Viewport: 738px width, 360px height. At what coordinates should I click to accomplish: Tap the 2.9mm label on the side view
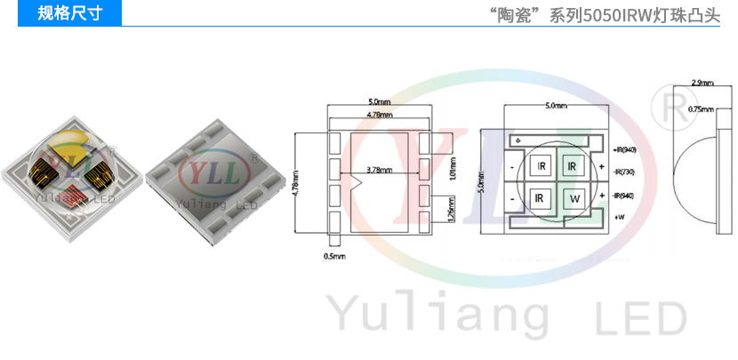coord(701,83)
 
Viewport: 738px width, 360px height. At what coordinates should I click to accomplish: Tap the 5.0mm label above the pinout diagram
coord(555,106)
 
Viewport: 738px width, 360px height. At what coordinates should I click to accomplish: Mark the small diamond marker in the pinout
coord(517,140)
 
